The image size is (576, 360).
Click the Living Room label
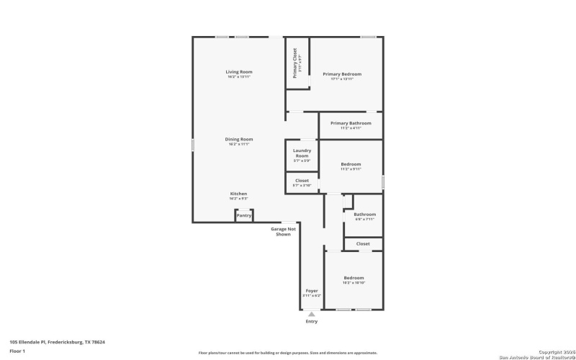(239, 72)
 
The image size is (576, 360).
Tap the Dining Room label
(239, 140)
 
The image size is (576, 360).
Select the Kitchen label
(238, 194)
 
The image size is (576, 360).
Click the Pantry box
(244, 215)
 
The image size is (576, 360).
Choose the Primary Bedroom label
(342, 74)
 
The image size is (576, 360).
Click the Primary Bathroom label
(351, 124)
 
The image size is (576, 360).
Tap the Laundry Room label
(302, 153)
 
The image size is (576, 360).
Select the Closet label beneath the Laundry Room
(302, 181)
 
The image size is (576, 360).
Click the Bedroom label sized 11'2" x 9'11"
(351, 165)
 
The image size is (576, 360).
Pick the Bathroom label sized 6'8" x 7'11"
(364, 215)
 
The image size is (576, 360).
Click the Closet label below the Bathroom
(363, 244)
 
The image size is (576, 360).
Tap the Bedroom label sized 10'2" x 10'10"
(353, 279)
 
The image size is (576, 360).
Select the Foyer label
(312, 292)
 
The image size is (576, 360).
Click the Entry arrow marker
(311, 314)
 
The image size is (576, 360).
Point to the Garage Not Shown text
(283, 231)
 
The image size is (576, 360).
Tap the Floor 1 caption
(17, 351)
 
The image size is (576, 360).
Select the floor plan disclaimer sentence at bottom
(288, 353)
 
